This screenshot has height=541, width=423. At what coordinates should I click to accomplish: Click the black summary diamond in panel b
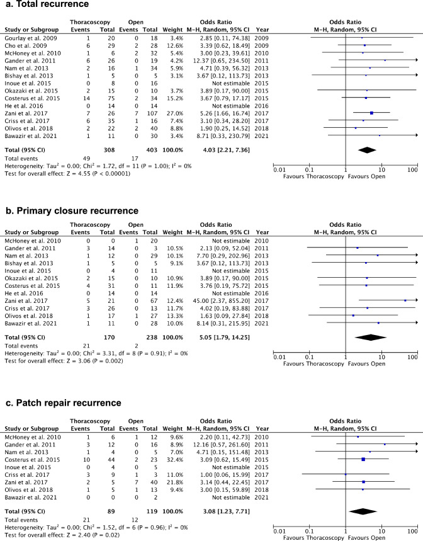click(x=370, y=337)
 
